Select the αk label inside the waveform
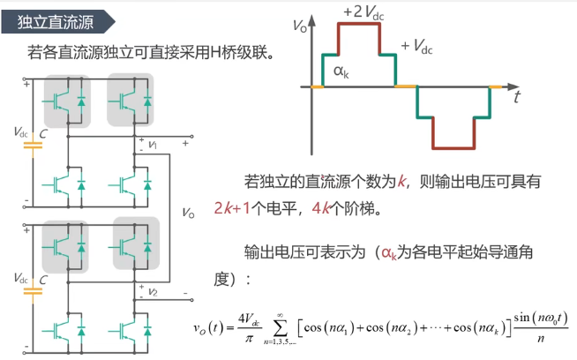point(340,71)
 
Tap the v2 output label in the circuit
point(153,292)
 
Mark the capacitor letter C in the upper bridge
point(43,132)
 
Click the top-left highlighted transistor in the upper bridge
point(66,99)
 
